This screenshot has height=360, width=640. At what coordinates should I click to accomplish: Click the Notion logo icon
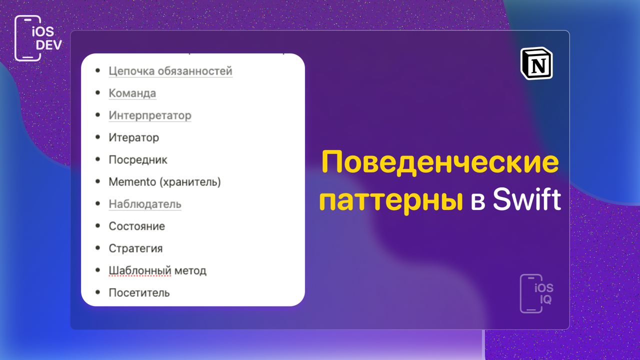(536, 63)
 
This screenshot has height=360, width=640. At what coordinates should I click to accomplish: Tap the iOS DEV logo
(38, 38)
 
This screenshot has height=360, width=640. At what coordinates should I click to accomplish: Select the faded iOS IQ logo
(536, 293)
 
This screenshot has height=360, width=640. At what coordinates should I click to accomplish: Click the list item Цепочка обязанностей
(170, 71)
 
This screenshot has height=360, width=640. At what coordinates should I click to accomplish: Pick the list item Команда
(132, 93)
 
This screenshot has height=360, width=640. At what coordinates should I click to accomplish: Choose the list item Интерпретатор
(150, 115)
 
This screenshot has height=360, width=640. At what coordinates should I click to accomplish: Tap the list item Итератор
(133, 137)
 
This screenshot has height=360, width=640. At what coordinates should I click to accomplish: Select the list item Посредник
(138, 159)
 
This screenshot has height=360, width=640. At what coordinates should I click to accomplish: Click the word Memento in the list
(132, 181)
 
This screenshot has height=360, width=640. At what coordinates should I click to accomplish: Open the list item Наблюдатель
(145, 204)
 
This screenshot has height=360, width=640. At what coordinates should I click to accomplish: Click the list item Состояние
(137, 226)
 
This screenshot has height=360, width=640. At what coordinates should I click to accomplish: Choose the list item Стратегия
(135, 248)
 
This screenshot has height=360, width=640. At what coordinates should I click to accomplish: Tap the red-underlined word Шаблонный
(140, 270)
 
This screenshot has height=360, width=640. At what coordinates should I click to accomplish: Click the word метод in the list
(190, 271)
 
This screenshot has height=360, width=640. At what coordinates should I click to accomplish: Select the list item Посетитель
(139, 293)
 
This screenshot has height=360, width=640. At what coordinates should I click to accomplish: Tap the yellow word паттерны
(391, 201)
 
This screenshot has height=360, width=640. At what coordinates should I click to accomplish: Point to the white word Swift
(527, 199)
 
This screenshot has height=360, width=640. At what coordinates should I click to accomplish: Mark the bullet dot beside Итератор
(97, 137)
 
